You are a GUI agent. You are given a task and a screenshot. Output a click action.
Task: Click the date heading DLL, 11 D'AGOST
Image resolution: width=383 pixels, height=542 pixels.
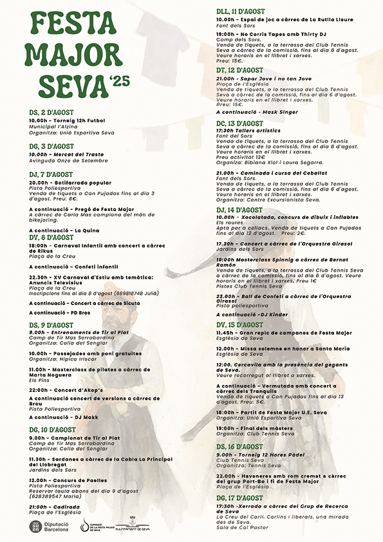[x=240, y=12]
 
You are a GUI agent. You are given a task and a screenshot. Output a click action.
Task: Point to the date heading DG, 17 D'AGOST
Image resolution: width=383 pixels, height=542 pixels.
[x=239, y=498]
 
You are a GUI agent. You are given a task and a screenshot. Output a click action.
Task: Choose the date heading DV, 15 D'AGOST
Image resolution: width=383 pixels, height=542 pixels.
[x=239, y=325]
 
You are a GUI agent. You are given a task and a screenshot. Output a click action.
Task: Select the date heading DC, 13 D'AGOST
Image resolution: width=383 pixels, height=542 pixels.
[x=239, y=122]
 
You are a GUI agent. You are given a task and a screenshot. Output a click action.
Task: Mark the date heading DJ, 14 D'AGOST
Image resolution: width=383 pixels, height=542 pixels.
[x=239, y=210]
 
